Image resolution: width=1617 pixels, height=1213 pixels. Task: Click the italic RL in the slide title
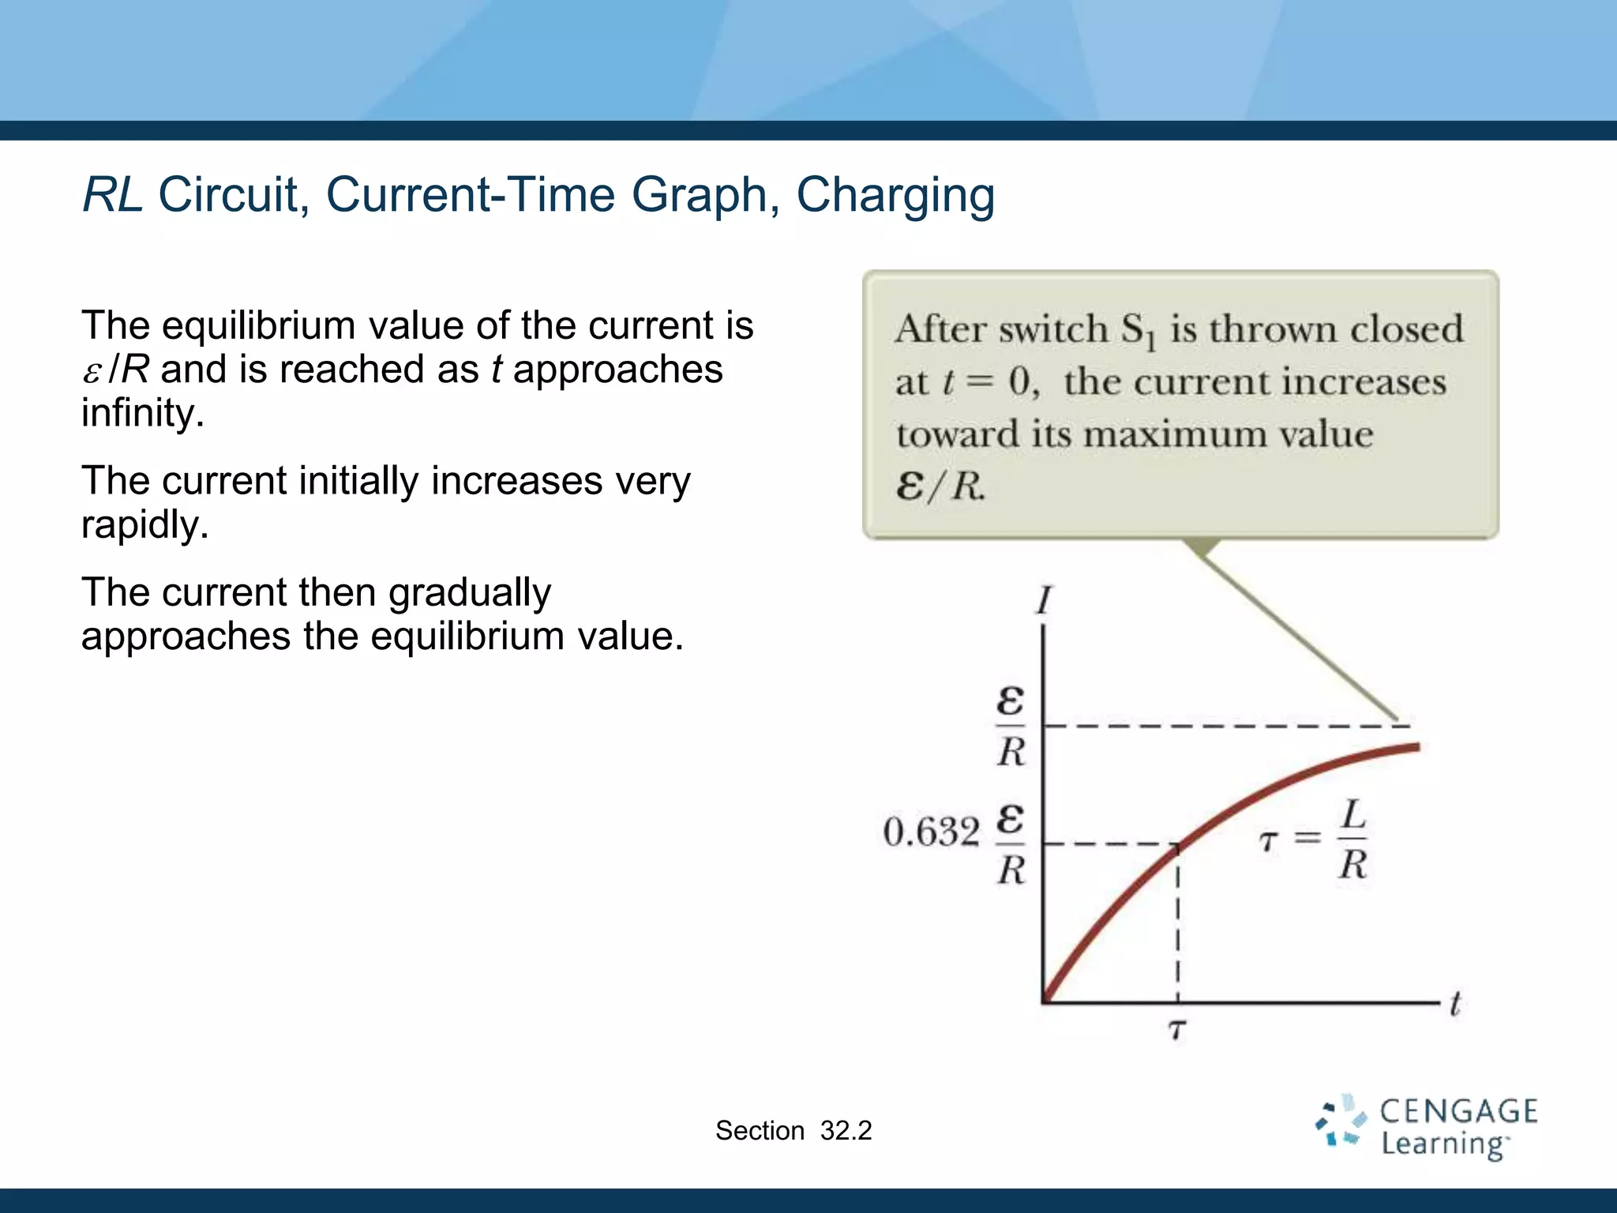(x=112, y=194)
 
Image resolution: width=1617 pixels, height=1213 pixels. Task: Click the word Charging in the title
(x=895, y=196)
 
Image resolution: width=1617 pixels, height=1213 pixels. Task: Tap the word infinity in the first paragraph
(x=142, y=413)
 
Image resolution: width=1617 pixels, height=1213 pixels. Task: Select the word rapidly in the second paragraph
(x=144, y=524)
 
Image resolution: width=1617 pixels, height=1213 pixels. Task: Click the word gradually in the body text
(x=469, y=593)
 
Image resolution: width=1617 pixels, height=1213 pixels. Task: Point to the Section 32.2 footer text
(x=793, y=1131)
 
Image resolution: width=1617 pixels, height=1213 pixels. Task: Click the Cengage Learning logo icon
(x=1341, y=1121)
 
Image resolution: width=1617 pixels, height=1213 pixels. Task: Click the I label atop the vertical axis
(x=1044, y=601)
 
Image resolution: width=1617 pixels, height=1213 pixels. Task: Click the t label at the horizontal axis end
(x=1455, y=1004)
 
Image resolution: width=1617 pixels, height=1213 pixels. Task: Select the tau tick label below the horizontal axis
(x=1177, y=1030)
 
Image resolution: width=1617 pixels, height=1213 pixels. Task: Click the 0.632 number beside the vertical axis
(x=931, y=832)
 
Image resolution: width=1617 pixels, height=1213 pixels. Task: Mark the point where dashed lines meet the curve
(x=1177, y=845)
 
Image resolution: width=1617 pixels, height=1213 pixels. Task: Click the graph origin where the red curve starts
(x=1045, y=1001)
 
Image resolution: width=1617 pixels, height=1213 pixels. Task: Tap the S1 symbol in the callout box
(x=1138, y=331)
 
